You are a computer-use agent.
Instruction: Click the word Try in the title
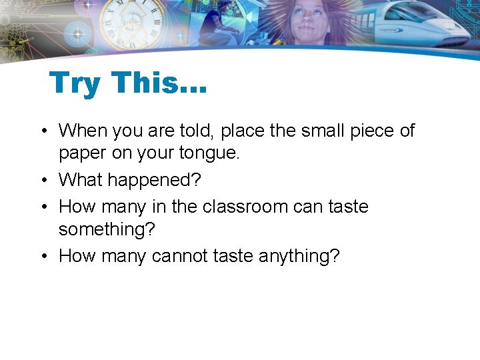pos(75,84)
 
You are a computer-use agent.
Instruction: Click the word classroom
pos(245,206)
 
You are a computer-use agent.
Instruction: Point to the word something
pos(107,230)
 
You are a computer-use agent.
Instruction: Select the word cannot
pos(179,255)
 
